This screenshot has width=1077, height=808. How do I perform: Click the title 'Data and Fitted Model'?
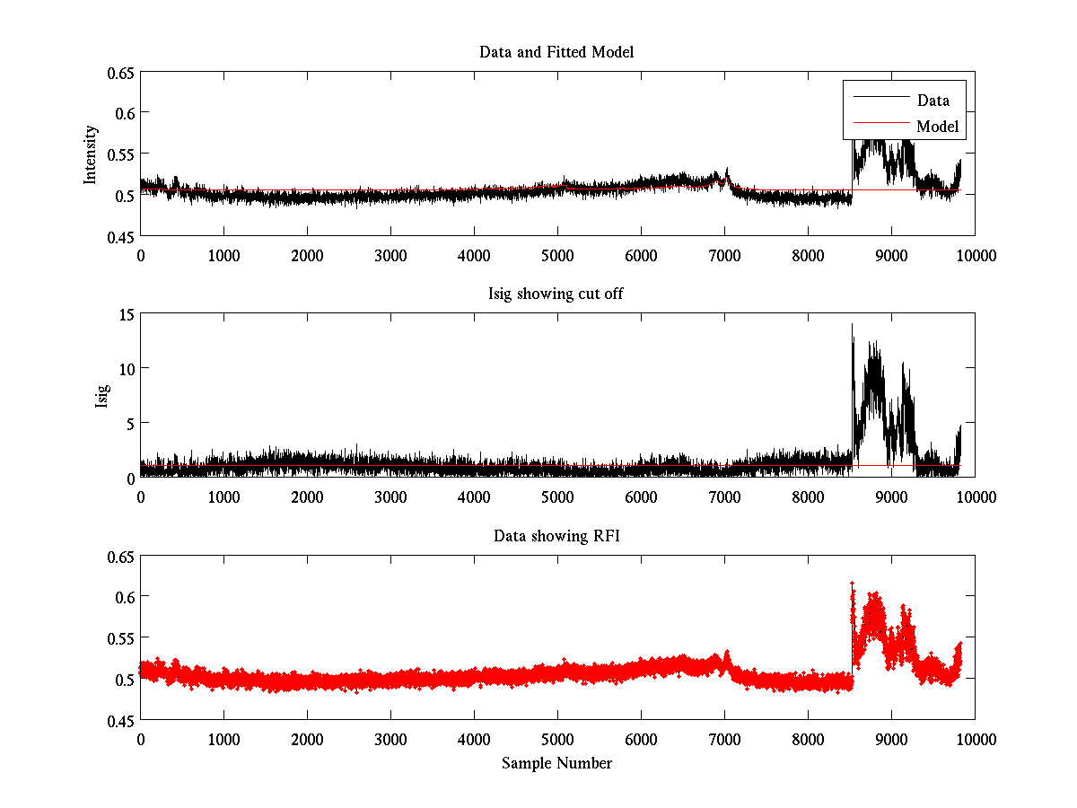(x=556, y=52)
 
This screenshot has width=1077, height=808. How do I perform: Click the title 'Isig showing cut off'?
(x=556, y=294)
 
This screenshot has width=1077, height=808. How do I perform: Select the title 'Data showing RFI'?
(x=556, y=536)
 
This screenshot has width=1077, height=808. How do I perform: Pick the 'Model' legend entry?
(x=937, y=127)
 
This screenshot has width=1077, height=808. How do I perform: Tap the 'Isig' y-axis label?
(x=101, y=395)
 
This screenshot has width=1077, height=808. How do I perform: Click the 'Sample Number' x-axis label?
(x=556, y=763)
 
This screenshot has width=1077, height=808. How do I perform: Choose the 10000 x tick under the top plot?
(x=975, y=255)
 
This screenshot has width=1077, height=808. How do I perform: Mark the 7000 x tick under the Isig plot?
(x=724, y=496)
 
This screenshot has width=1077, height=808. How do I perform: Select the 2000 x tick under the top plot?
(x=307, y=255)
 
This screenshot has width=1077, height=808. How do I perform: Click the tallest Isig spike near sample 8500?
(x=852, y=325)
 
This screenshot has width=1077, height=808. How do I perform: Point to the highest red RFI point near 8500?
(x=852, y=584)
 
